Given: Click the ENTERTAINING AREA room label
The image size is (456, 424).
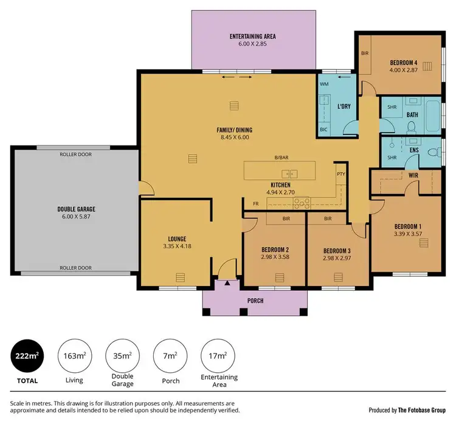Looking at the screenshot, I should click(253, 36).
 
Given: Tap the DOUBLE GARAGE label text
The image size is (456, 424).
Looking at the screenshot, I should click(77, 209).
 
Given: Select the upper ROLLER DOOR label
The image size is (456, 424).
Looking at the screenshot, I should click(76, 155).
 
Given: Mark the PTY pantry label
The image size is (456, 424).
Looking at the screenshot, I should click(340, 175).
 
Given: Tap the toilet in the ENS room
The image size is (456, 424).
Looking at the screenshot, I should click(434, 152).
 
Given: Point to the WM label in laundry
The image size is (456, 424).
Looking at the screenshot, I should click(324, 84).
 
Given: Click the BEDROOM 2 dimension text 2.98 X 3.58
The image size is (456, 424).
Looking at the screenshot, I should click(275, 257).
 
